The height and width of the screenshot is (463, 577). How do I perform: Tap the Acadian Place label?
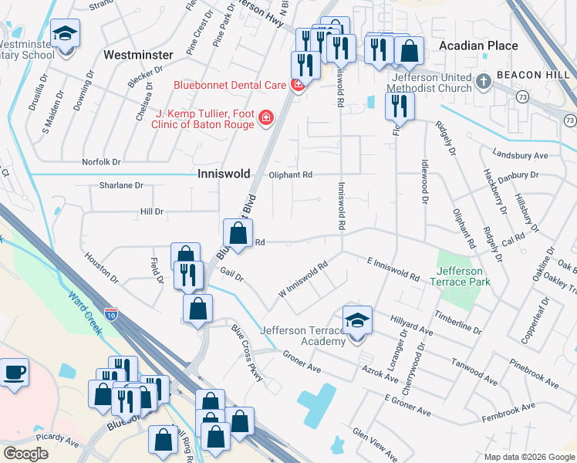tap(478, 46)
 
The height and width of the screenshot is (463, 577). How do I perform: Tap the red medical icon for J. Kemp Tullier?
tap(265, 118)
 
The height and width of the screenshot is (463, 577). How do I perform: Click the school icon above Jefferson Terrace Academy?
tap(357, 319)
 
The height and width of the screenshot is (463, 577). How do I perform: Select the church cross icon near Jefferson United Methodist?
tap(483, 81)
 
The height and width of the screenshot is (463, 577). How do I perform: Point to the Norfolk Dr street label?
tap(102, 162)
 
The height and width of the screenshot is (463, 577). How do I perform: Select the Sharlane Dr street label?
tap(121, 185)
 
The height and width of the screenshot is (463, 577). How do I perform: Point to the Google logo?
tap(25, 453)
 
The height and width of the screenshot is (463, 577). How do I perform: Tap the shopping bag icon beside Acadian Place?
tap(410, 51)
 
